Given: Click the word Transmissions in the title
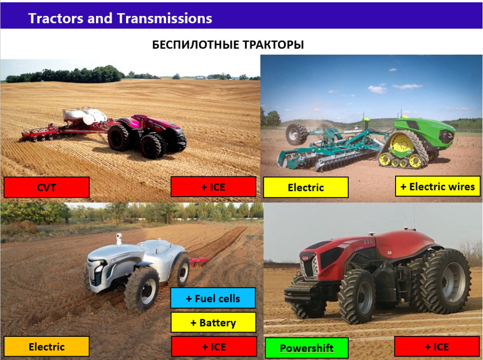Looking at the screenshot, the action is [164, 18].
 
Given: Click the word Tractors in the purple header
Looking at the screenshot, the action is [56, 18].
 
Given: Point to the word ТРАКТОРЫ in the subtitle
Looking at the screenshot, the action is [273, 44].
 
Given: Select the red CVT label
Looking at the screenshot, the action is [46, 187].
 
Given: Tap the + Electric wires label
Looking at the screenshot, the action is [438, 186].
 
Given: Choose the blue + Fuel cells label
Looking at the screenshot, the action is [213, 298].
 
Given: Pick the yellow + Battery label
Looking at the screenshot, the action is [213, 322].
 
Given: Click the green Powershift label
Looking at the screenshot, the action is [307, 348].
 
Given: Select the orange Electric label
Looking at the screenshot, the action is [46, 346].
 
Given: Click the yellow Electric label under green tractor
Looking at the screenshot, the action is [306, 187].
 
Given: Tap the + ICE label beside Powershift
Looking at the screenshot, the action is [437, 347].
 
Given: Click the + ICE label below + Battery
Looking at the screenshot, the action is [214, 346].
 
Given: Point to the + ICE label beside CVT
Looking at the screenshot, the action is [213, 187].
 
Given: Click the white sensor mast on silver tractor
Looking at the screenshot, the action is [119, 239].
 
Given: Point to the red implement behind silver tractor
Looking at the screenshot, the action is [199, 262].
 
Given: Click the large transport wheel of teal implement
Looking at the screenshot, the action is [297, 134].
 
